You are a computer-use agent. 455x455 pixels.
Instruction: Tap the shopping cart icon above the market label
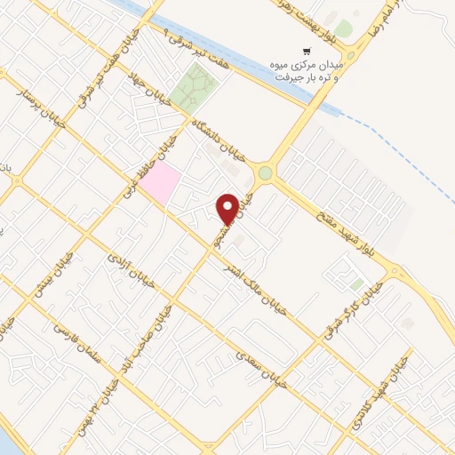pyautogui.click(x=307, y=51)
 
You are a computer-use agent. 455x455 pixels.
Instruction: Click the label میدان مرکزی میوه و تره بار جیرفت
pyautogui.click(x=306, y=70)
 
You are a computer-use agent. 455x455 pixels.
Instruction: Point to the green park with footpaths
pyautogui.click(x=196, y=89)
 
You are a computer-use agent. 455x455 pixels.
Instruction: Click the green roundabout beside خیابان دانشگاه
pyautogui.click(x=265, y=172)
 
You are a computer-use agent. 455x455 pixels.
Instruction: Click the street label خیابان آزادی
pyautogui.click(x=131, y=270)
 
